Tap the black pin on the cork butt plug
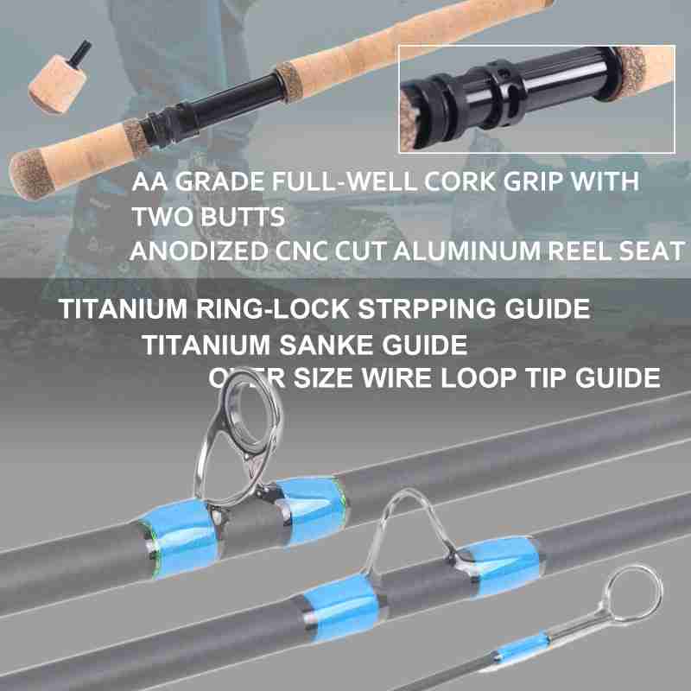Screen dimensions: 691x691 [x=80, y=51]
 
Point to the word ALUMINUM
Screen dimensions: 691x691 [x=466, y=250]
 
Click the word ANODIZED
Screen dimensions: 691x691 [x=200, y=250]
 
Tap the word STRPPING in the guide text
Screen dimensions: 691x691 [x=427, y=308]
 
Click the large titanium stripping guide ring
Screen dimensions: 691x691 [x=248, y=420]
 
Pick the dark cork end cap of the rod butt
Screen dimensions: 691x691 [x=30, y=175]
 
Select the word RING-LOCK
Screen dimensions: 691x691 [x=273, y=308]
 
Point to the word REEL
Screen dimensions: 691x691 [x=580, y=250]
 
